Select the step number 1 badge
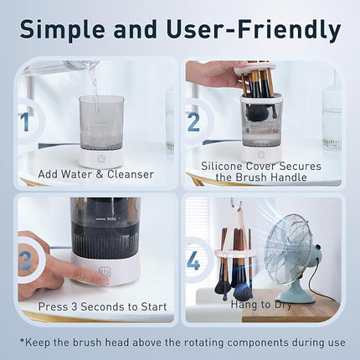click(x=24, y=123)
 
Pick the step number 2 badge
click(x=193, y=123)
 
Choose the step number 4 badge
click(x=193, y=260)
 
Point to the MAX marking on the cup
click(x=111, y=220)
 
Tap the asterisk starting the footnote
click(x=23, y=342)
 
